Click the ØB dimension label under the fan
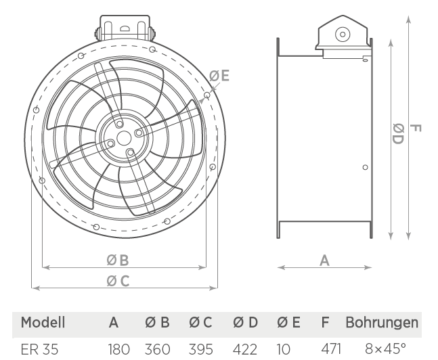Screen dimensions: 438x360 [x=118, y=261]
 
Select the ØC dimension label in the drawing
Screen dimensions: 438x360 [x=118, y=281]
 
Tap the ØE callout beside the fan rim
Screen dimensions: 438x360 [x=219, y=76]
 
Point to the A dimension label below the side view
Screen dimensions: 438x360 [x=324, y=261]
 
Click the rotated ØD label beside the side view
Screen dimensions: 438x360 [x=398, y=134]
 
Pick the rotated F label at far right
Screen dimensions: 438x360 [x=416, y=128]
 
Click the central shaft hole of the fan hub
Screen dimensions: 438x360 [x=124, y=138]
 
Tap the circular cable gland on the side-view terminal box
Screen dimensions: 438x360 [x=343, y=35]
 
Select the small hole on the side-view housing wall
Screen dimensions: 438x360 [x=365, y=167]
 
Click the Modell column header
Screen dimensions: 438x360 [x=43, y=323]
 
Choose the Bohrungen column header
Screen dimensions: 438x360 [x=382, y=323]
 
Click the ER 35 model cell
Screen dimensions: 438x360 [x=40, y=349]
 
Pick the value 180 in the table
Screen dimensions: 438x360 [x=119, y=349]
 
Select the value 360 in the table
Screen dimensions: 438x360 [x=157, y=349]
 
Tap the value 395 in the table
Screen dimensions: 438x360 [x=201, y=349]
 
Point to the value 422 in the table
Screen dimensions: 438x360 [x=244, y=349]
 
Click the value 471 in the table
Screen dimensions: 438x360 [x=331, y=348]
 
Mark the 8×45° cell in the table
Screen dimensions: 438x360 [x=385, y=348]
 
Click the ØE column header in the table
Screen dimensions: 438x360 [x=288, y=323]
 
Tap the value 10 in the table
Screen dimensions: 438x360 [x=284, y=349]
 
